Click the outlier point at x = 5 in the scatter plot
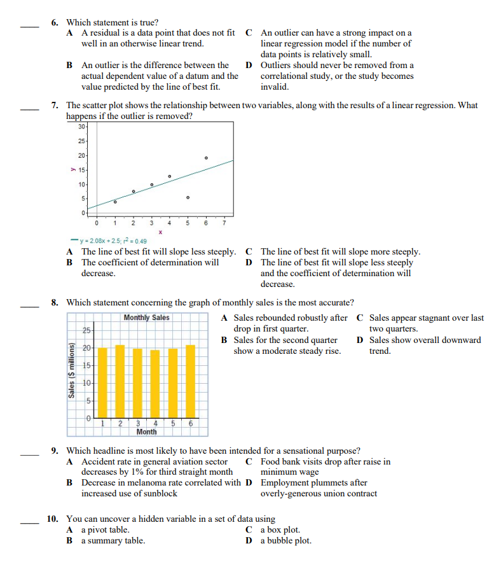(x=188, y=198)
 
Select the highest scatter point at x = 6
(x=206, y=157)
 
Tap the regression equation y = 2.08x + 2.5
(x=109, y=241)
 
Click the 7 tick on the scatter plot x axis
(x=224, y=223)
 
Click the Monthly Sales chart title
(x=146, y=318)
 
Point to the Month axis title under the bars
(x=146, y=431)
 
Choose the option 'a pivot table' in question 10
(x=106, y=529)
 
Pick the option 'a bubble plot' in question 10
(x=286, y=541)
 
